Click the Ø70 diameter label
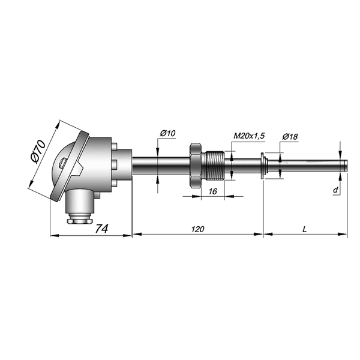[38, 152]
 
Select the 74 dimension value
[101, 229]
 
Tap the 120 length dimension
[197, 229]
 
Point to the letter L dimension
[305, 229]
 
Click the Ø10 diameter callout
[167, 133]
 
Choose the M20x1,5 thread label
[249, 136]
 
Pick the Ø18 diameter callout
[290, 137]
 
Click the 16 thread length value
[213, 191]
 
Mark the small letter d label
[335, 190]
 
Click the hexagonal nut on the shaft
[196, 166]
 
